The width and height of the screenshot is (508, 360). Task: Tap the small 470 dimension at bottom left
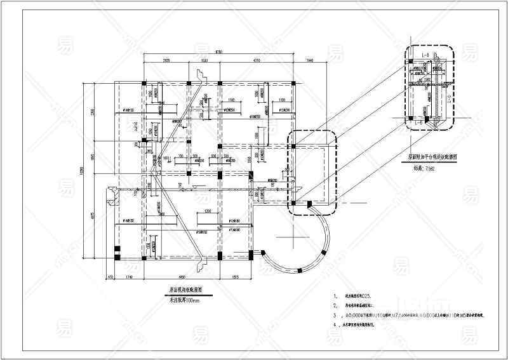point(110,277)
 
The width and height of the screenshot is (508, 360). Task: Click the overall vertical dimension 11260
point(82,171)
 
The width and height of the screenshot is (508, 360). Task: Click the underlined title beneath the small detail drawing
point(431,154)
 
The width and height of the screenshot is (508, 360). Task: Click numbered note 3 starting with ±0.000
point(406,314)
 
